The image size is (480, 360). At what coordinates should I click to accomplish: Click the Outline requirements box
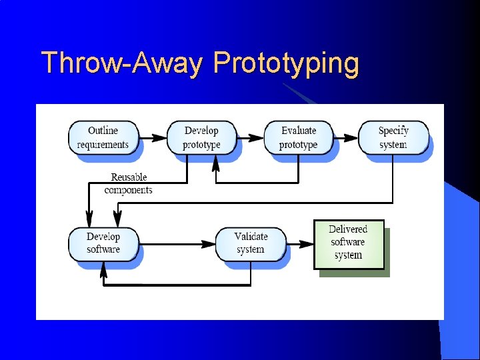[x=103, y=137]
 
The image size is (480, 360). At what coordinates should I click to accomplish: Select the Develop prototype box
[x=201, y=137]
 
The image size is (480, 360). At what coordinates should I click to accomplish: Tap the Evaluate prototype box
[x=298, y=137]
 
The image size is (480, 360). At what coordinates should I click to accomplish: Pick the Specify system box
[x=393, y=137]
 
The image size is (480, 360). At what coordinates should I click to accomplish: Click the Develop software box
[x=103, y=243]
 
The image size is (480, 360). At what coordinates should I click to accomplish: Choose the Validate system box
[x=251, y=243]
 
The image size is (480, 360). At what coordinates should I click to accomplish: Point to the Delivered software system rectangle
[x=349, y=244]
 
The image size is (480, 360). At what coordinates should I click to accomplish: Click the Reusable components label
[x=129, y=183]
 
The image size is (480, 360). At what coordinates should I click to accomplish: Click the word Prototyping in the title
[x=286, y=63]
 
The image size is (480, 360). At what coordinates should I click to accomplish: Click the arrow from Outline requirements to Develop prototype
[x=153, y=138]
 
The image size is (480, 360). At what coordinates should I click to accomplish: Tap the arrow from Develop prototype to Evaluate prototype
[x=251, y=138]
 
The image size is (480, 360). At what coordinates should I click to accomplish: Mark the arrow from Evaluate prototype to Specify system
[x=346, y=138]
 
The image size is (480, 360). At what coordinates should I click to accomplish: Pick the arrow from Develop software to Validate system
[x=177, y=244]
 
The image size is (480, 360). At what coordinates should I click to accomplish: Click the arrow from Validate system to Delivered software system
[x=300, y=244]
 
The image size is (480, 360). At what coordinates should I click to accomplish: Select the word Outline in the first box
[x=103, y=131]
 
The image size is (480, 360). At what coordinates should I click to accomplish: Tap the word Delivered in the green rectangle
[x=348, y=230]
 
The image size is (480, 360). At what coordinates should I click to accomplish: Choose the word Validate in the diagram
[x=251, y=237]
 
